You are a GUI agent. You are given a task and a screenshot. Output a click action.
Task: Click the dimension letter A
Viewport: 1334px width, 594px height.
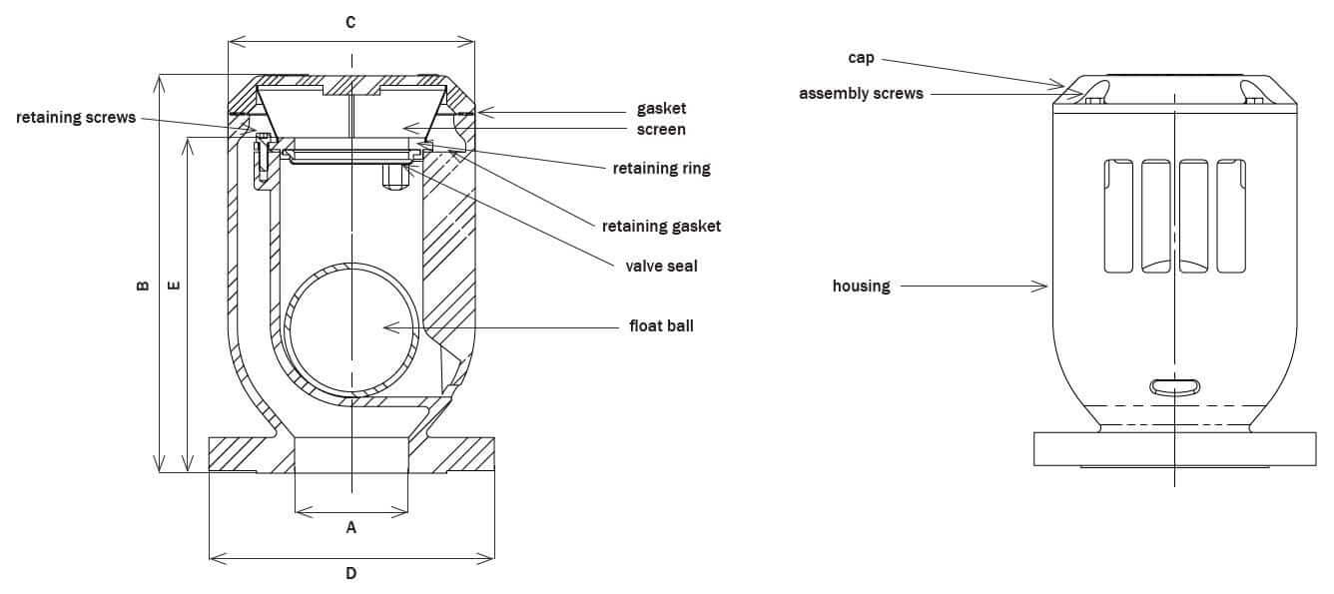[350, 527]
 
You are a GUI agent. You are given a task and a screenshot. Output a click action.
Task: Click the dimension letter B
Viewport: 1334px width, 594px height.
[143, 286]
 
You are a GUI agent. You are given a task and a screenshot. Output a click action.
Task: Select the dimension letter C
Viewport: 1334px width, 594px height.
[350, 22]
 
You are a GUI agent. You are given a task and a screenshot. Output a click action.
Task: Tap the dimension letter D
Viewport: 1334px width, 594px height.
[350, 573]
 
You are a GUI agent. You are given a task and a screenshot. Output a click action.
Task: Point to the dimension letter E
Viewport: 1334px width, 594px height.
[173, 286]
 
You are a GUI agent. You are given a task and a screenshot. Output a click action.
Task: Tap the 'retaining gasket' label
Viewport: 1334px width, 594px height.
[661, 226]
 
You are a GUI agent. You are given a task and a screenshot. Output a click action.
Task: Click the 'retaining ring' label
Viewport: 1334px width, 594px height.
[661, 168]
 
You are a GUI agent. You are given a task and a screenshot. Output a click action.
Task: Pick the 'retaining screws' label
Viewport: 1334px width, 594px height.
[76, 118]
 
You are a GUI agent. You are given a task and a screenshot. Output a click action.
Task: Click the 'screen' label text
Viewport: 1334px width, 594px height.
[661, 130]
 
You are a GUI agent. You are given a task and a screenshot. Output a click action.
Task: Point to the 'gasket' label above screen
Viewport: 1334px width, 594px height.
[661, 108]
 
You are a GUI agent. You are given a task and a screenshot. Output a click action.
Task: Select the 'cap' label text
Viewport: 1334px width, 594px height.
[861, 58]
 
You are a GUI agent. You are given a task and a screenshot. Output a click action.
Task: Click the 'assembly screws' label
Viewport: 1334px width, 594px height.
[861, 94]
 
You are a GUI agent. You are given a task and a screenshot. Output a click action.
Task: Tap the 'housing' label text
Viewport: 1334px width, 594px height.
[861, 287]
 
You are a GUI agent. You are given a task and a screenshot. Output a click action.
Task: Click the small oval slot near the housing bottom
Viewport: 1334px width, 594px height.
[1175, 386]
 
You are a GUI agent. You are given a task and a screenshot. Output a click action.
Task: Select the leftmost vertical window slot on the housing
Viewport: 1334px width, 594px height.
[1118, 215]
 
